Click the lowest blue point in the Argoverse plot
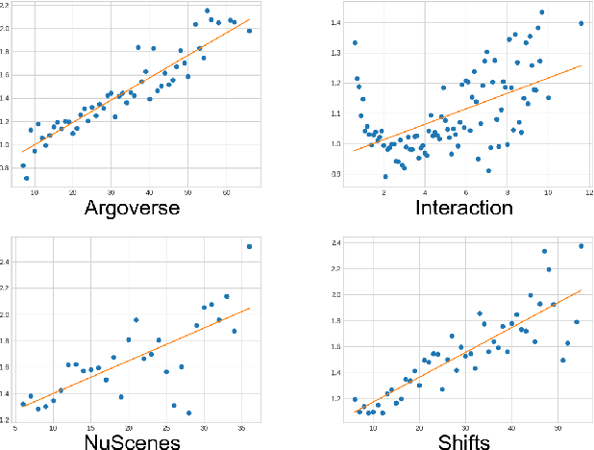coord(27,178)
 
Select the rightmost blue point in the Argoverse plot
coord(249,31)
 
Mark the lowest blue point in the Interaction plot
coord(385,177)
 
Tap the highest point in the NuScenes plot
coord(250,246)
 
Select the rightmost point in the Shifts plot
coord(581,246)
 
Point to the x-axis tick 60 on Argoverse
coord(226,192)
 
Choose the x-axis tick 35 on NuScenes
coord(241,428)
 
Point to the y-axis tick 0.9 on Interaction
coord(335,174)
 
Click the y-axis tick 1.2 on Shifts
coord(335,398)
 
